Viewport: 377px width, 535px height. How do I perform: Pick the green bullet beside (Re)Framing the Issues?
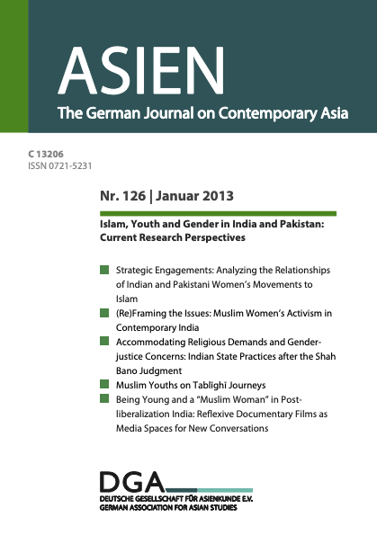[105, 313]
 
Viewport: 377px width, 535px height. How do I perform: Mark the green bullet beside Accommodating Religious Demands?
[105, 342]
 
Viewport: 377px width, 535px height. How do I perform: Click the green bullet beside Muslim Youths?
[105, 385]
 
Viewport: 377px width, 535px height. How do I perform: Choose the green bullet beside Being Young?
[105, 399]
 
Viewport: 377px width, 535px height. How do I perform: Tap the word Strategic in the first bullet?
[138, 270]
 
